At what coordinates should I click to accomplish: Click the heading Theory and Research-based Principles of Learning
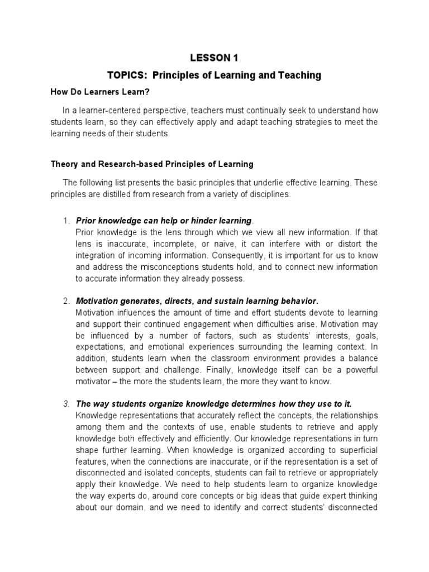pos(152,164)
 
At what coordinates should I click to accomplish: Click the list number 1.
pos(65,221)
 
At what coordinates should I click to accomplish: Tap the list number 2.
pos(65,302)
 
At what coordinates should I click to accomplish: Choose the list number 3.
pos(65,404)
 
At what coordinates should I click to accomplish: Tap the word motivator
pos(93,382)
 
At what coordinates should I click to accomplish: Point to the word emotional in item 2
pos(160,347)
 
